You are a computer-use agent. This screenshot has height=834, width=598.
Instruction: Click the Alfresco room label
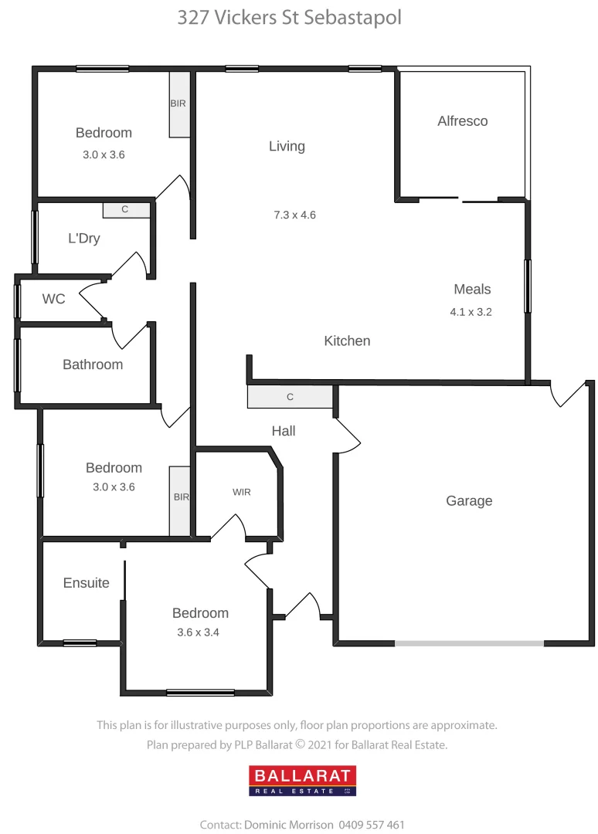click(462, 121)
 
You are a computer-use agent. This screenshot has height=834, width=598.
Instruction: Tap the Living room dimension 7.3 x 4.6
click(294, 215)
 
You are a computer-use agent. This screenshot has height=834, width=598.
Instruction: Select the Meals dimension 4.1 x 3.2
click(471, 313)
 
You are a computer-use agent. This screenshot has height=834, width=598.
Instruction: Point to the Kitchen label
click(347, 341)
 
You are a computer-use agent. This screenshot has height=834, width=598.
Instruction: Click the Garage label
click(469, 501)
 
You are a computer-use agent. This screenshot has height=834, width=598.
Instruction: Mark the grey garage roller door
click(469, 642)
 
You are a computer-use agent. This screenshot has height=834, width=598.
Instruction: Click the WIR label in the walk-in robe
click(241, 492)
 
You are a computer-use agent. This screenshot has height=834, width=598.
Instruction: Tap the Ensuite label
click(86, 583)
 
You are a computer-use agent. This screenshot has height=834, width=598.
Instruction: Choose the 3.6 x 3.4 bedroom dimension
click(200, 632)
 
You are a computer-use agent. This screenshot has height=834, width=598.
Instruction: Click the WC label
click(53, 299)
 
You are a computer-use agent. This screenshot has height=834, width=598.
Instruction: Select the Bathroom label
click(93, 364)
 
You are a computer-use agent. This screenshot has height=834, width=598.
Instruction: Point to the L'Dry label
click(83, 239)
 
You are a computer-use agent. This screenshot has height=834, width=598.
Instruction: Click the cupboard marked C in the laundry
click(126, 210)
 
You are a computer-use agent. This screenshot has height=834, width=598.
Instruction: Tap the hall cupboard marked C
click(290, 397)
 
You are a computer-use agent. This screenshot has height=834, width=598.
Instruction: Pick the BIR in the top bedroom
click(179, 104)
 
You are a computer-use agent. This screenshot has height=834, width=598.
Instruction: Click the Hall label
click(284, 431)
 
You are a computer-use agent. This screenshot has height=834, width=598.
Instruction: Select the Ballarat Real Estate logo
click(302, 780)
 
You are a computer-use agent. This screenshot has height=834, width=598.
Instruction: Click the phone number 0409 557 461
click(371, 825)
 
